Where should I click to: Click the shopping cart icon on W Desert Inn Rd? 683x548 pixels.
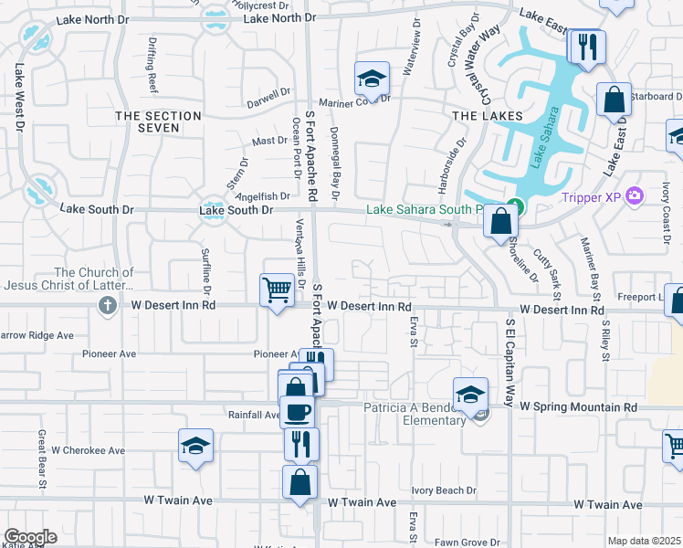click(277, 290)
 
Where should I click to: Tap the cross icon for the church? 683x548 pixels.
click(108, 305)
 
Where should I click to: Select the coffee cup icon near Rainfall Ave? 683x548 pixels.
click(296, 411)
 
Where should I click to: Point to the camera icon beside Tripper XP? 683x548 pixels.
click(636, 195)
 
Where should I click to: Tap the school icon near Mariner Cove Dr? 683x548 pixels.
click(372, 79)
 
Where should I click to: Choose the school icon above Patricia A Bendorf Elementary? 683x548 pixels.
click(470, 394)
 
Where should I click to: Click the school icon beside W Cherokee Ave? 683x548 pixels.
click(195, 445)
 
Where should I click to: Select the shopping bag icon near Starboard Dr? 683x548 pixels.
click(614, 99)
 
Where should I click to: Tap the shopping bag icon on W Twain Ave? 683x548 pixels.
click(299, 481)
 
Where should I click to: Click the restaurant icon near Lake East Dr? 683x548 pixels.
click(586, 46)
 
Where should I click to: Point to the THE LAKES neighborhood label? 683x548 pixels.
click(488, 116)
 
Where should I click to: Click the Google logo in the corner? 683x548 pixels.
click(30, 537)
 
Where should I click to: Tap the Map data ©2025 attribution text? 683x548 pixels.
click(644, 541)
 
